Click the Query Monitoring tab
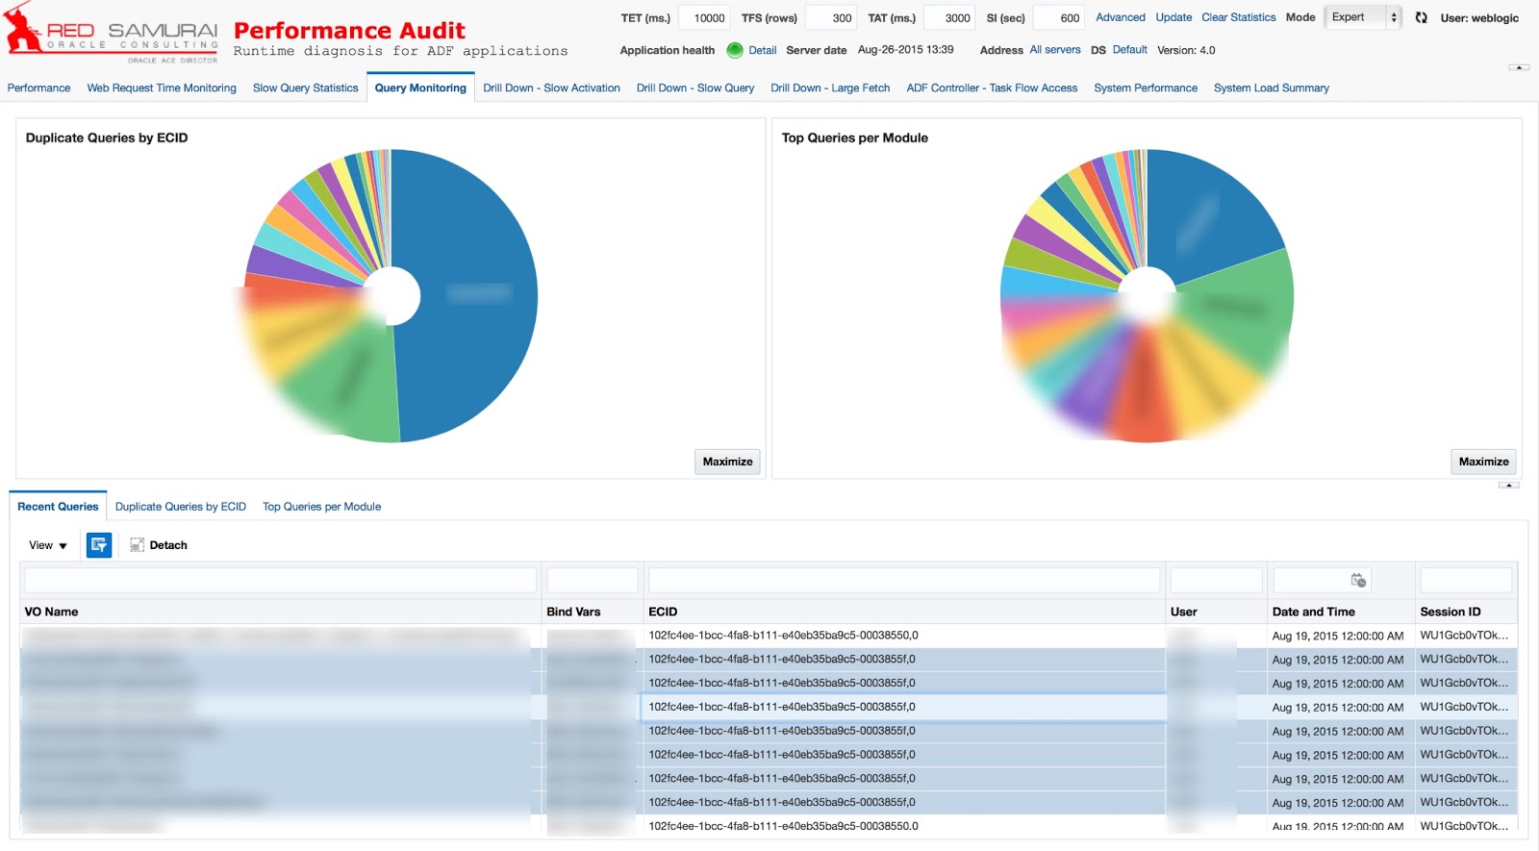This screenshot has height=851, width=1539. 420,88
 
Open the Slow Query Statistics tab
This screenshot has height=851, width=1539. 305,88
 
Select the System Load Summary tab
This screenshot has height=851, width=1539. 1271,88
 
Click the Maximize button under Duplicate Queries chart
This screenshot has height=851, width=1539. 727,462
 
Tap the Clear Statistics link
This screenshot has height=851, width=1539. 1238,17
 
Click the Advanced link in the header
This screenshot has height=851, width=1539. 1120,17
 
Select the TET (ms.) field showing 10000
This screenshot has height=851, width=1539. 706,18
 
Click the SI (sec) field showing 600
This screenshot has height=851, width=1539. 1059,18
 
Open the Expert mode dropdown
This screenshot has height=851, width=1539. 1361,17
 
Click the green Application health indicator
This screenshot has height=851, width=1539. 735,50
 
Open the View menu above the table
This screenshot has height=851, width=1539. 47,545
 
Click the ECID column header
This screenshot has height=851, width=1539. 663,612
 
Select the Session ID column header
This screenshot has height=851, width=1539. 1450,612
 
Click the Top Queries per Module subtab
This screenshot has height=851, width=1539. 321,507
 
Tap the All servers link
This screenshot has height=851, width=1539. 1054,50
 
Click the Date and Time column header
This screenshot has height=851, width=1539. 1313,612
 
